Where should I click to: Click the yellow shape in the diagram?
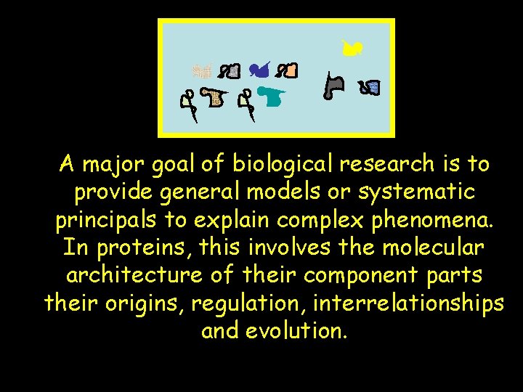tap(353, 48)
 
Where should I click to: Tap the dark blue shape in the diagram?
tap(258, 70)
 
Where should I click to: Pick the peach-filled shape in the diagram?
tap(290, 71)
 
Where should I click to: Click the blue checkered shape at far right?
tap(373, 88)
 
